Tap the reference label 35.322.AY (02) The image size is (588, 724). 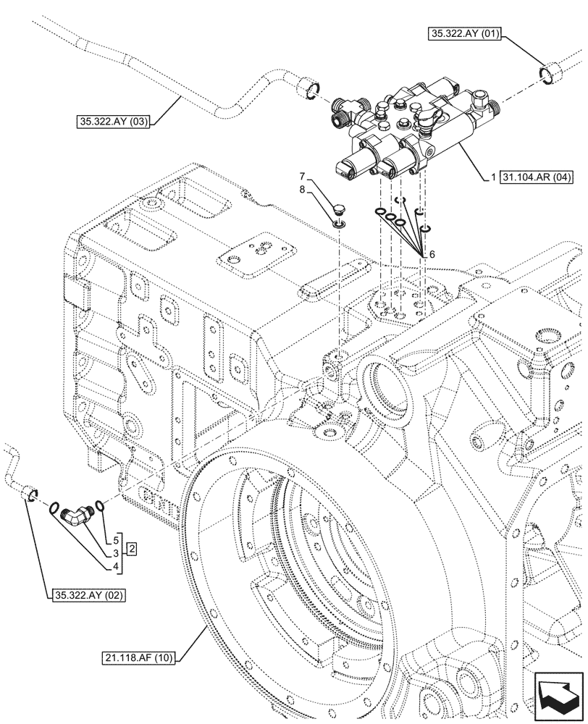click(x=88, y=596)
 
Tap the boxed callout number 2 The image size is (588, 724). click(x=133, y=550)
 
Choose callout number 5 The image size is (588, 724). click(x=115, y=539)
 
